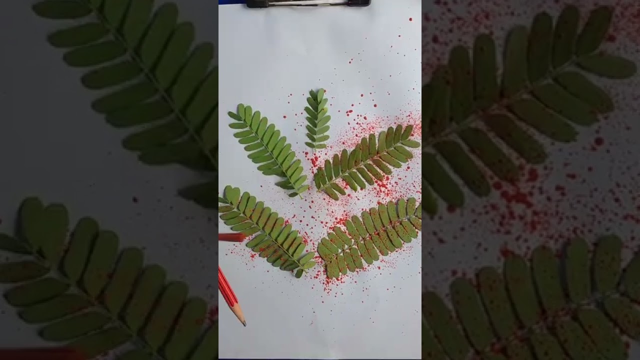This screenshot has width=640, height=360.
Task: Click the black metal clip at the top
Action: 307,3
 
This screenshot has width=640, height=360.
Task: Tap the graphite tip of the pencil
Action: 244,324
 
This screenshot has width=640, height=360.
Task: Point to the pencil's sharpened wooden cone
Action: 240,315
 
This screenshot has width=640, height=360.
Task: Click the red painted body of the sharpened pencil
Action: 227,290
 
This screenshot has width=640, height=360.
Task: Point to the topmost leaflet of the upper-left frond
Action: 241,108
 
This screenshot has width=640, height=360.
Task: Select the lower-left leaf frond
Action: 265,230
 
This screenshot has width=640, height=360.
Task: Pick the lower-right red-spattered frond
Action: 370,235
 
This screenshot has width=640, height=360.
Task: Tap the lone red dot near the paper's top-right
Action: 410,19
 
